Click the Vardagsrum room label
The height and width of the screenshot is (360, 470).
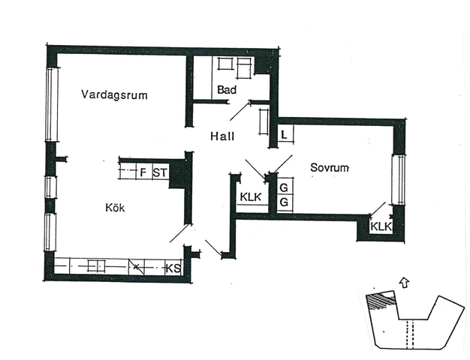pyautogui.click(x=114, y=94)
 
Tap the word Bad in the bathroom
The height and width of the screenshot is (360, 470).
pyautogui.click(x=227, y=89)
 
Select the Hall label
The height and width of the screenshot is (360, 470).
pyautogui.click(x=222, y=136)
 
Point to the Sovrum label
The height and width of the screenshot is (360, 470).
pyautogui.click(x=330, y=168)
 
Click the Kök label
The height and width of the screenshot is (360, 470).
pyautogui.click(x=115, y=208)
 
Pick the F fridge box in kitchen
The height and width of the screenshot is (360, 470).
pyautogui.click(x=143, y=172)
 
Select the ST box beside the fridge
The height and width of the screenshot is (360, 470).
pyautogui.click(x=161, y=172)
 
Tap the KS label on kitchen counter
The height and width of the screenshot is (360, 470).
pyautogui.click(x=173, y=268)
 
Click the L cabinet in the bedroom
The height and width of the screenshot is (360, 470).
pyautogui.click(x=285, y=134)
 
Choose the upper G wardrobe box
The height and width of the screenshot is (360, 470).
pyautogui.click(x=284, y=187)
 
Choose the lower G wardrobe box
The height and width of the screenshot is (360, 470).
pyautogui.click(x=284, y=202)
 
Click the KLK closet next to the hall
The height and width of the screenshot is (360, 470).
pyautogui.click(x=251, y=196)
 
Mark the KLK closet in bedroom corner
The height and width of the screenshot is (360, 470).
pyautogui.click(x=381, y=226)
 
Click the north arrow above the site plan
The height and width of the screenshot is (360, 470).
pyautogui.click(x=405, y=282)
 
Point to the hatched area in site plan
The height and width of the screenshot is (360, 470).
pyautogui.click(x=380, y=300)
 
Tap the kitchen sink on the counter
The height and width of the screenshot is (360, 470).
pyautogui.click(x=97, y=265)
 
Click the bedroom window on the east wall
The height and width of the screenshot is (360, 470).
pyautogui.click(x=399, y=180)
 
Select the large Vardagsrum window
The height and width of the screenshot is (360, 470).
pyautogui.click(x=52, y=104)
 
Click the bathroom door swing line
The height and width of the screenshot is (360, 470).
pyautogui.click(x=240, y=110)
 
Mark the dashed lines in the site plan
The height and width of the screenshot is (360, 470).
pyautogui.click(x=410, y=334)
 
